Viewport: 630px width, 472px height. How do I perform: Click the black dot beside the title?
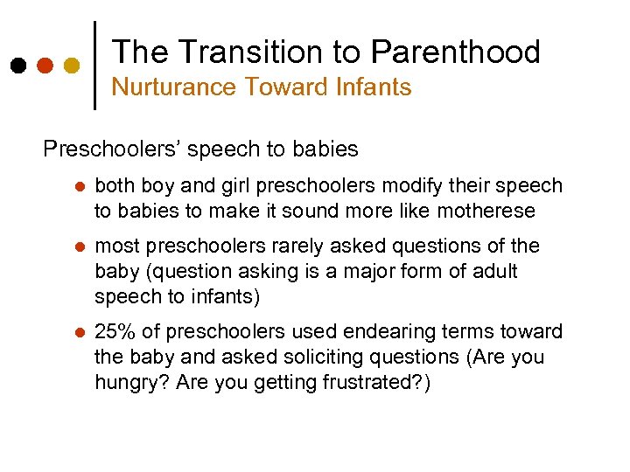click(17, 66)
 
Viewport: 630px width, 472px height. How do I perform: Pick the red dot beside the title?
click(45, 66)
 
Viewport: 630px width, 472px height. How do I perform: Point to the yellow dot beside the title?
click(72, 66)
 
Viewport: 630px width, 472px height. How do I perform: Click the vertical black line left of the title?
click(94, 65)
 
